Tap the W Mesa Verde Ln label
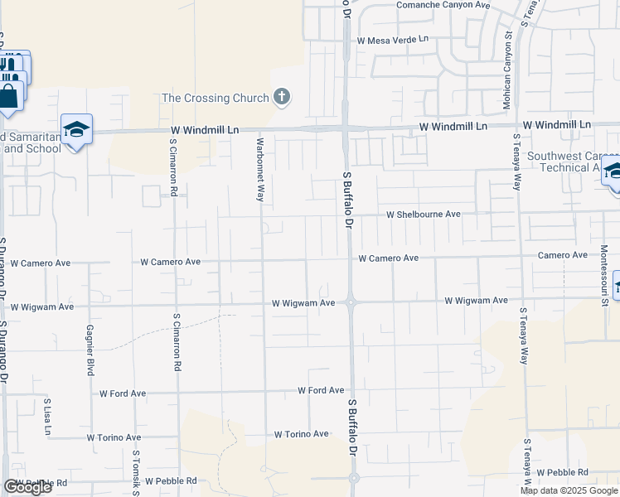tap(393, 39)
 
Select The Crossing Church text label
tap(216, 98)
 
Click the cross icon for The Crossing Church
tap(282, 98)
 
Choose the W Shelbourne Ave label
tap(424, 214)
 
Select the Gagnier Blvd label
tap(89, 350)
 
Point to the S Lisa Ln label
tap(46, 418)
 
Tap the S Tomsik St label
tap(134, 473)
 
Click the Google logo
tap(27, 487)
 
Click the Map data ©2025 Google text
tap(569, 490)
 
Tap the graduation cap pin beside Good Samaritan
tap(76, 130)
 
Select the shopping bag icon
tap(9, 95)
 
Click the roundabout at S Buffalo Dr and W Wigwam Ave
tap(351, 302)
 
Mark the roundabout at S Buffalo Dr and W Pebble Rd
tap(354, 478)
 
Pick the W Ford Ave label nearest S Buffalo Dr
tap(321, 390)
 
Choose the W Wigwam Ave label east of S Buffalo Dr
tap(476, 301)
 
